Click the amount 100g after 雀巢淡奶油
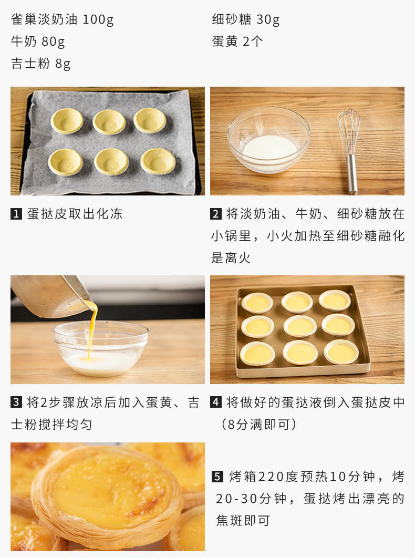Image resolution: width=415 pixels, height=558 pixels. pos(98,19)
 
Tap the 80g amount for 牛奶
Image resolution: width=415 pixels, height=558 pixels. pos(53,42)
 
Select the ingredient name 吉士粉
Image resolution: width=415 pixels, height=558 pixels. pos(30,64)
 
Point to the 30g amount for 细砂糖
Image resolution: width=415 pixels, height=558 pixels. pos(268,19)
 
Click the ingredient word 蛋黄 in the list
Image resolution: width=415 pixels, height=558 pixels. pos(225,42)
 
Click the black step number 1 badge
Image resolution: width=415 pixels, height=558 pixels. pos(16,214)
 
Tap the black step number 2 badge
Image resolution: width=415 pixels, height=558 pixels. pos(216,214)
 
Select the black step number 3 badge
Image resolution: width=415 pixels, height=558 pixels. pos(16,402)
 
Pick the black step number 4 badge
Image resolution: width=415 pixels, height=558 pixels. pos(216,402)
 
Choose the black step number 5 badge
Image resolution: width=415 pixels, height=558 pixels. pos(217,476)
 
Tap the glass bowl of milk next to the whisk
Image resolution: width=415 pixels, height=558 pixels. pos(269,140)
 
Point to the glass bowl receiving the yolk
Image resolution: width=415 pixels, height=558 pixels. pos(101,348)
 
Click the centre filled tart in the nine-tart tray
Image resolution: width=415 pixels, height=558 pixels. pos(300,326)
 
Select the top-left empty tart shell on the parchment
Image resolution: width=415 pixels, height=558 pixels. pos(67,121)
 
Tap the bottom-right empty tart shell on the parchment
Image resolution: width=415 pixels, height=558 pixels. pos(158,161)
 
